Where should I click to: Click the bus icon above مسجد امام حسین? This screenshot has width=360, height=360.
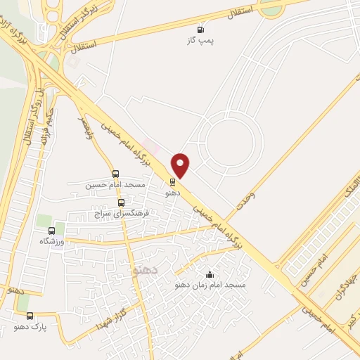coord(115,174)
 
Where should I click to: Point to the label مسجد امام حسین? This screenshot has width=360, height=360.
coord(115,185)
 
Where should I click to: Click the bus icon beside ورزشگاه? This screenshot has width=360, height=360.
coord(51,230)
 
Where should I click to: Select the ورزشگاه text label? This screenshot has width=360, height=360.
coord(52,241)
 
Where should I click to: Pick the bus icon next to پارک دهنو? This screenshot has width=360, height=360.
coord(30,316)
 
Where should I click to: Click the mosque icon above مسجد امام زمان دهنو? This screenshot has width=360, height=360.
coord(209,274)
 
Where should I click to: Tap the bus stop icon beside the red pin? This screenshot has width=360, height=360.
coord(173,181)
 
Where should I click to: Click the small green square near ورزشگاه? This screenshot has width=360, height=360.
coord(44,221)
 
